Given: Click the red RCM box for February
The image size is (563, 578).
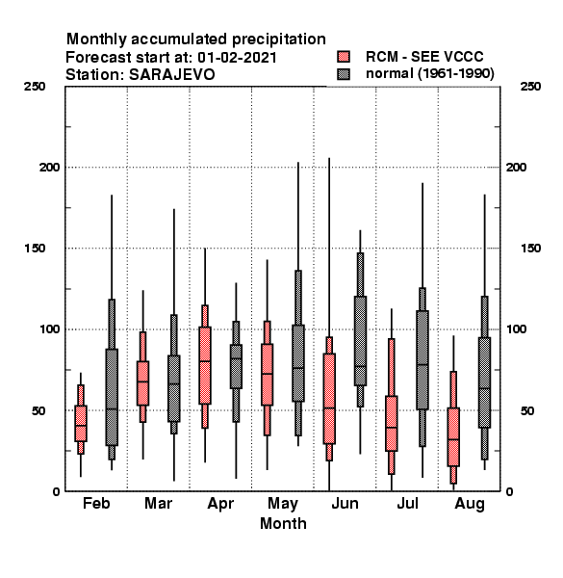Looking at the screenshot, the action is pyautogui.click(x=81, y=423).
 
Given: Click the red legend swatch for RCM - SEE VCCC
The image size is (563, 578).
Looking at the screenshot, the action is pyautogui.click(x=344, y=57).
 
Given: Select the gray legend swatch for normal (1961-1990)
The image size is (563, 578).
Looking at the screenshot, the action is pyautogui.click(x=344, y=74).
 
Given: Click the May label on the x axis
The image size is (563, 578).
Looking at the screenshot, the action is pyautogui.click(x=283, y=504).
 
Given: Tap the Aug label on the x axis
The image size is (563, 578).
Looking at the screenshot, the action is pyautogui.click(x=470, y=504).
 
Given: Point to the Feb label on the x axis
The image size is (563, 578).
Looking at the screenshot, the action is pyautogui.click(x=96, y=503).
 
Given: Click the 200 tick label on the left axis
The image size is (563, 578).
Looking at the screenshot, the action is pyautogui.click(x=49, y=167).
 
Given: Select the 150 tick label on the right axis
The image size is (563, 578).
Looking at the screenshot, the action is pyautogui.click(x=530, y=249).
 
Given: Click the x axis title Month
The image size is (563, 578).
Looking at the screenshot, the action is pyautogui.click(x=283, y=523).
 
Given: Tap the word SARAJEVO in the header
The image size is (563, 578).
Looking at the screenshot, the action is pyautogui.click(x=172, y=75).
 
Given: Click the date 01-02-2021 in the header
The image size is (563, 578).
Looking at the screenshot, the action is pyautogui.click(x=237, y=58).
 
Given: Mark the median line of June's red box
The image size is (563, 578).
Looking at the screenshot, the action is pyautogui.click(x=329, y=408).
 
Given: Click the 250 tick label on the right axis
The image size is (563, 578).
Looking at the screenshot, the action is pyautogui.click(x=530, y=87).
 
